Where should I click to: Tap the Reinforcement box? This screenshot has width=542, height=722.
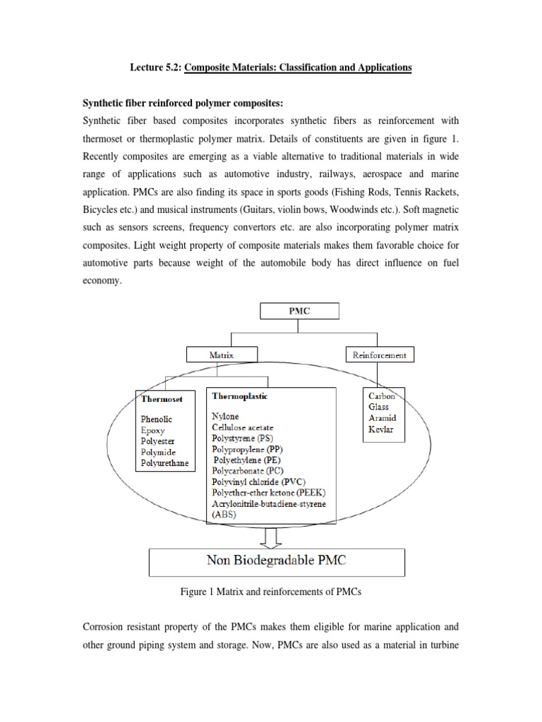(379, 355)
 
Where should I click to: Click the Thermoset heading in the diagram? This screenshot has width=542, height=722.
(162, 398)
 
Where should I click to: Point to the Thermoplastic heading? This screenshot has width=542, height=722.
(239, 396)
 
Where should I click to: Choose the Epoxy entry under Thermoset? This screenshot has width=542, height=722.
(152, 429)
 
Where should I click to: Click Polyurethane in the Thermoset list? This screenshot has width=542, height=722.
(164, 463)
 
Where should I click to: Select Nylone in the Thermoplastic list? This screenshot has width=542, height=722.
(226, 417)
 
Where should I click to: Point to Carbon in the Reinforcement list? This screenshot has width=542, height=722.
(382, 396)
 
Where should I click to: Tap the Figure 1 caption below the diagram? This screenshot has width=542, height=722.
(270, 593)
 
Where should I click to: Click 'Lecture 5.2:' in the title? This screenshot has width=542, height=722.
(155, 68)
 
